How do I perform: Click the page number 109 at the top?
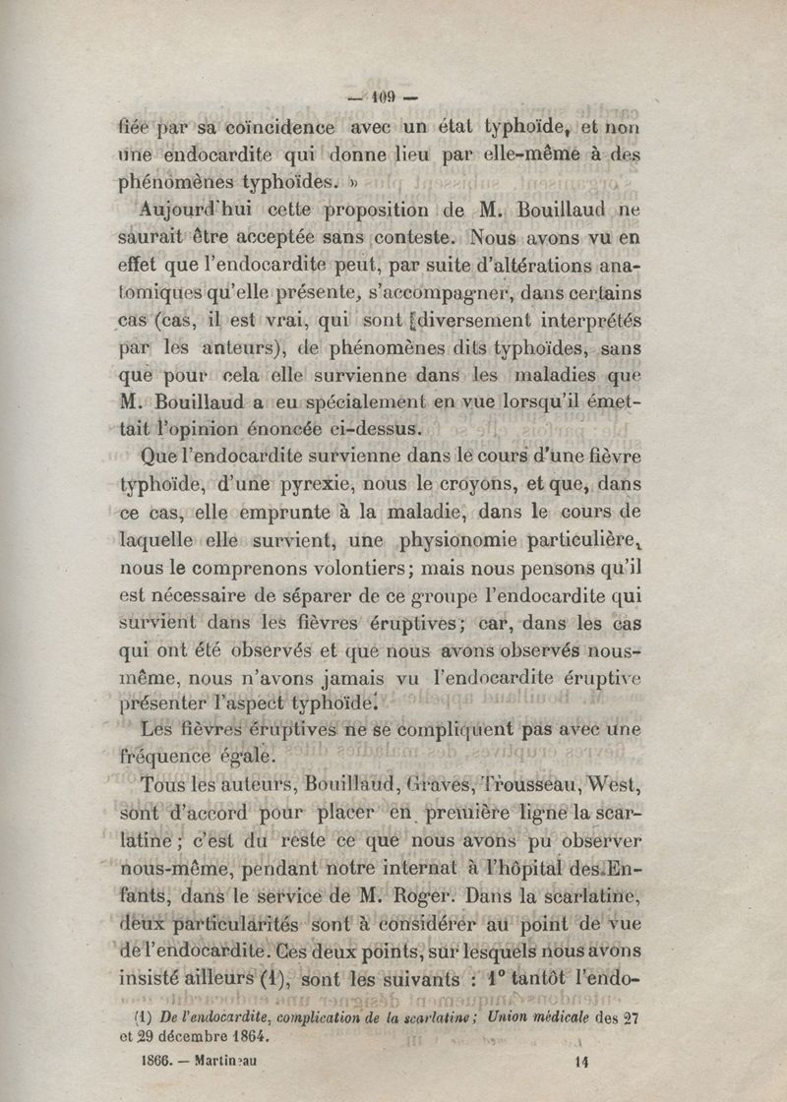tap(383, 96)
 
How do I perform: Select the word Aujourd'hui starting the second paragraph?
tap(191, 212)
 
